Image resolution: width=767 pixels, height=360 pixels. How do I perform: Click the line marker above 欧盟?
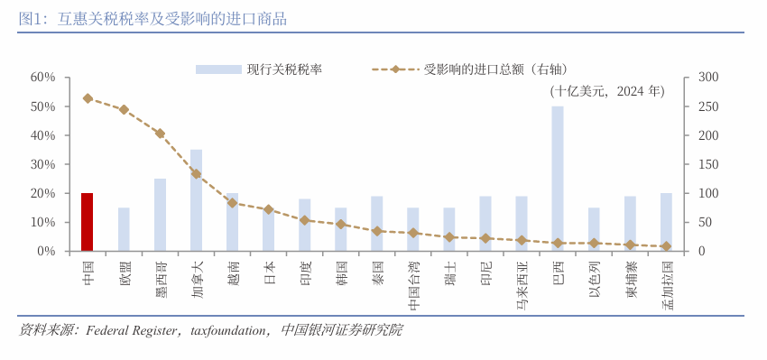(124, 110)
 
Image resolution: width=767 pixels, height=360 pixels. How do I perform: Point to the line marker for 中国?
(88, 98)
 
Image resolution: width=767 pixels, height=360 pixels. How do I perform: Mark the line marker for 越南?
(232, 203)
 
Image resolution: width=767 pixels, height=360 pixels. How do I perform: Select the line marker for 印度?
(305, 220)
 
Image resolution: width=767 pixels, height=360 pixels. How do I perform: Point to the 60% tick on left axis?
(43, 78)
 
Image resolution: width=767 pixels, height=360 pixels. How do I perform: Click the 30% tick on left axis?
(43, 164)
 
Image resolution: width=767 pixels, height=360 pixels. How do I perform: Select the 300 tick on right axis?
(707, 78)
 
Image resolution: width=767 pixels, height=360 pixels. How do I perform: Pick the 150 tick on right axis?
(707, 164)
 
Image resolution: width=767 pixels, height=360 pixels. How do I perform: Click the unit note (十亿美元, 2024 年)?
(606, 91)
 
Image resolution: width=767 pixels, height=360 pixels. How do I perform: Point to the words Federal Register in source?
(135, 330)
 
